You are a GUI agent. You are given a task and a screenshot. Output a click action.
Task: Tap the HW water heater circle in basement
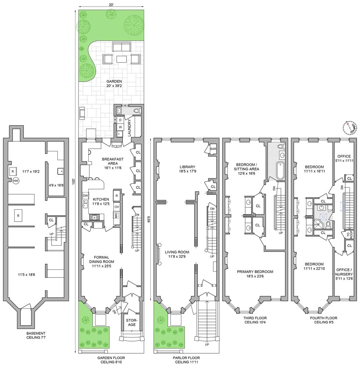(x=16, y=181)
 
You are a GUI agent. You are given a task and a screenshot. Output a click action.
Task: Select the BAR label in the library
(x=213, y=149)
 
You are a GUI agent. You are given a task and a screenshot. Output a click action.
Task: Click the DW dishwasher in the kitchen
(x=85, y=195)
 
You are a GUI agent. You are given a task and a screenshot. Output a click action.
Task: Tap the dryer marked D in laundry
(x=120, y=119)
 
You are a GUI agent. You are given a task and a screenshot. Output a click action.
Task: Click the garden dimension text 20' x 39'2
(x=114, y=84)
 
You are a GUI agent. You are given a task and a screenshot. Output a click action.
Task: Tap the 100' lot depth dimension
(x=74, y=181)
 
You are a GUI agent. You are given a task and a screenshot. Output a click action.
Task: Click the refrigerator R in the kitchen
(x=116, y=195)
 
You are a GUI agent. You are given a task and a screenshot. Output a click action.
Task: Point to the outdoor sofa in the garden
(x=121, y=47)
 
